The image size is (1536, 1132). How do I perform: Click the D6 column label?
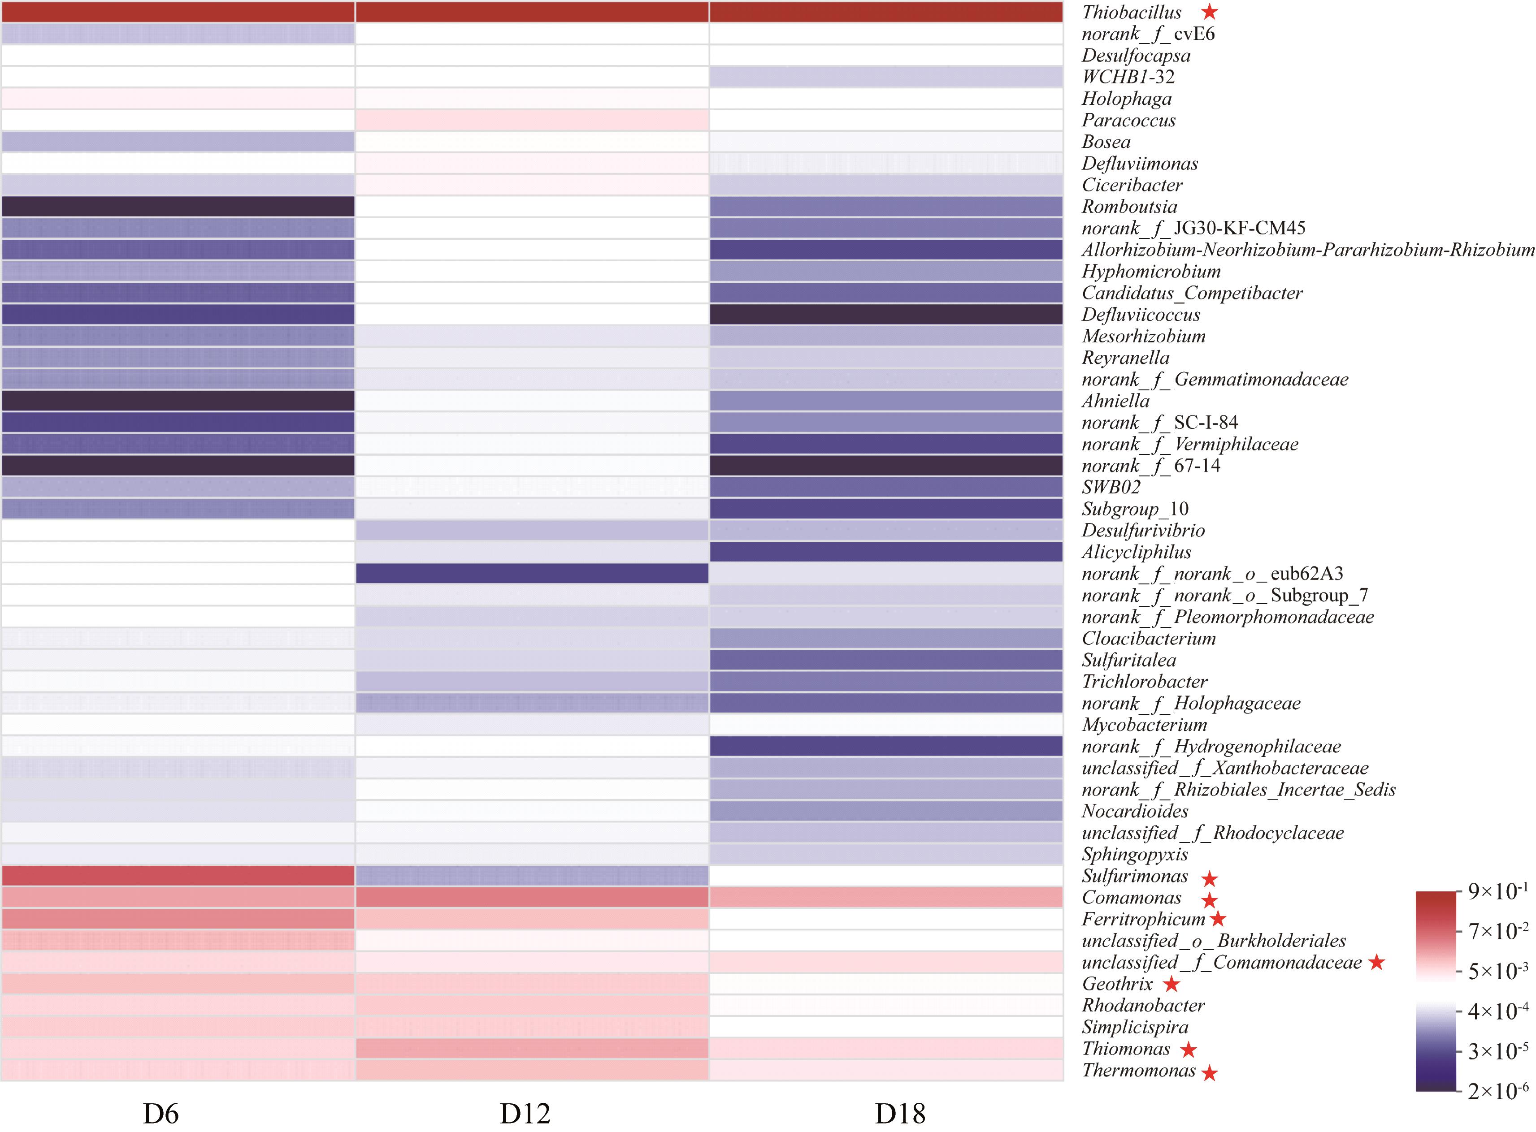(161, 1114)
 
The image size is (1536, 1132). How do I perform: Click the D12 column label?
(525, 1114)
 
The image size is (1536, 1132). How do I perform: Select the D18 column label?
(900, 1114)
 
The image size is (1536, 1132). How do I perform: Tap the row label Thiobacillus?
(1132, 13)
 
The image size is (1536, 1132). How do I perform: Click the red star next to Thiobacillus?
(1210, 12)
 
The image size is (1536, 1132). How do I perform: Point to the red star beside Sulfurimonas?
(1210, 878)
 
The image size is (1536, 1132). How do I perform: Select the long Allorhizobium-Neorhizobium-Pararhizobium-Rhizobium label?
(1308, 250)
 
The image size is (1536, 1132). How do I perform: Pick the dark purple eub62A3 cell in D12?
(532, 574)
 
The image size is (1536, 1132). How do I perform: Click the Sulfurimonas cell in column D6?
(178, 876)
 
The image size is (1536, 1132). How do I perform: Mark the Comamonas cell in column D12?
(532, 897)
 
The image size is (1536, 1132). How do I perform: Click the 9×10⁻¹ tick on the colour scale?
(1497, 891)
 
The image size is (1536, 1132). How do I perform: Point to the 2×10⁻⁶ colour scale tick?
(1497, 1091)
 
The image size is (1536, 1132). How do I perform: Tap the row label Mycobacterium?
(1144, 725)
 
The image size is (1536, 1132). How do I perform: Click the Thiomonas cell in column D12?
(532, 1048)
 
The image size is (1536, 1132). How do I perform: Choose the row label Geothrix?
(1117, 984)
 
